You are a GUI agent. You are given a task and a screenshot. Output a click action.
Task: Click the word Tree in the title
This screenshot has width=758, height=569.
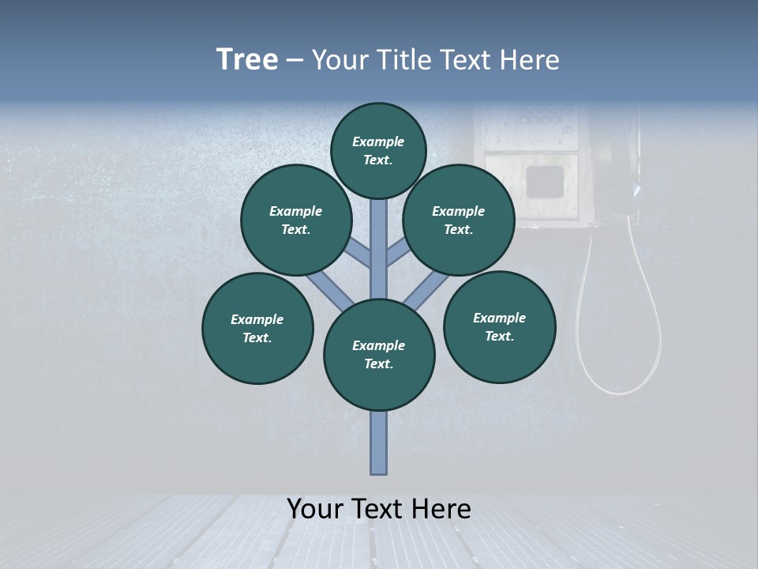click(x=247, y=60)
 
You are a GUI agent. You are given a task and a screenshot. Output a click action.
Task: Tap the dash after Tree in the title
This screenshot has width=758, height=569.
click(x=295, y=61)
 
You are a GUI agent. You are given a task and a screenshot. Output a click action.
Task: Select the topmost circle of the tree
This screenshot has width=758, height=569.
click(x=378, y=150)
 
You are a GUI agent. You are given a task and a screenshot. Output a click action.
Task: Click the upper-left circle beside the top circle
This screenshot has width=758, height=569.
click(x=296, y=220)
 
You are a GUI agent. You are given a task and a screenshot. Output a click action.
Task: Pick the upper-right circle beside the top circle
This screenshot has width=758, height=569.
click(x=459, y=220)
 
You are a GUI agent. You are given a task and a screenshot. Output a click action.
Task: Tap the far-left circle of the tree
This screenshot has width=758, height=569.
click(x=257, y=328)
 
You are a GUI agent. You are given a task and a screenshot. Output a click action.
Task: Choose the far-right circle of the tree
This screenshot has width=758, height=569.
click(x=500, y=326)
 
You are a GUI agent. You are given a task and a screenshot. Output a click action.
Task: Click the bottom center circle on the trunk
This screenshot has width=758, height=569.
click(x=379, y=355)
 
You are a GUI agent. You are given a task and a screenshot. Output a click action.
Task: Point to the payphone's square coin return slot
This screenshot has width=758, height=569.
click(x=545, y=180)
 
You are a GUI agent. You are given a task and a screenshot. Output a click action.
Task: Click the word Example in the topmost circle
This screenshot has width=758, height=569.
click(x=378, y=141)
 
